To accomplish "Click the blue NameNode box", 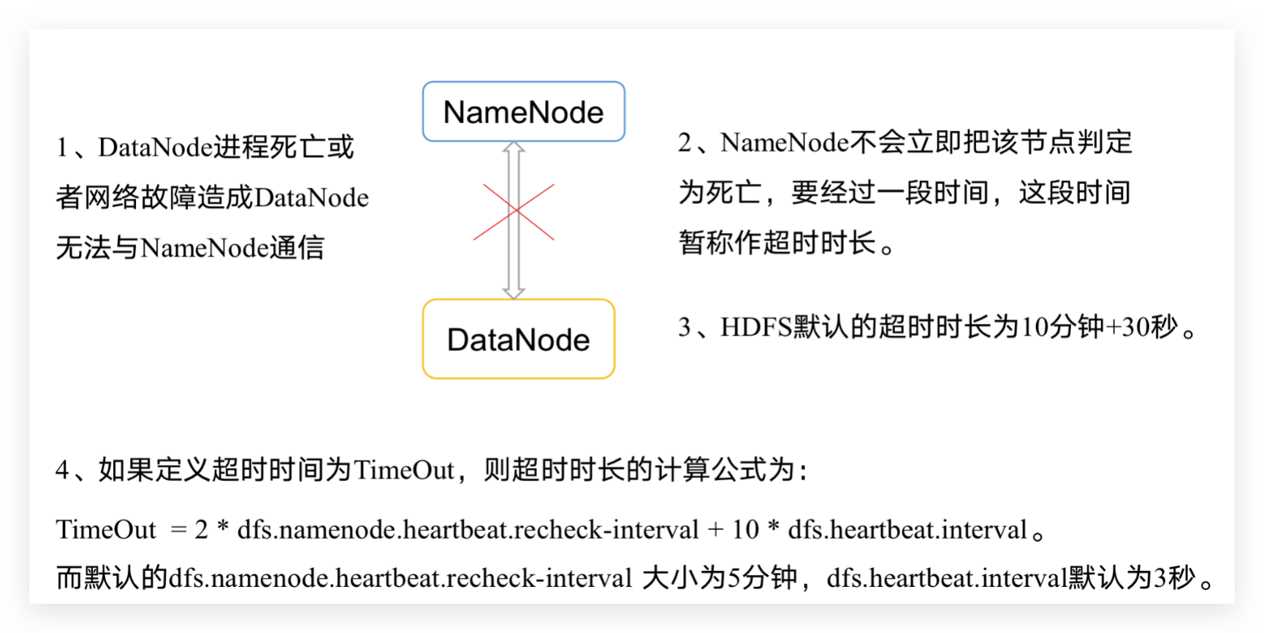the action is coord(523,112).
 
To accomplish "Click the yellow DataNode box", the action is coord(518,339).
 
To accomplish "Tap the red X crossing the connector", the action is coord(514,211).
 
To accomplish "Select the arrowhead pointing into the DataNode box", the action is coord(514,293).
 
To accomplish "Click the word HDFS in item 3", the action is coord(756,327).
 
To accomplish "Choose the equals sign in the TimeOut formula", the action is coord(178,530).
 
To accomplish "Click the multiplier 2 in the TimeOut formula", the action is coord(202,530).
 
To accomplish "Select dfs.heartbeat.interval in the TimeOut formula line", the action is coord(907,530).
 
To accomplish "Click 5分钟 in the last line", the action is coord(761,578).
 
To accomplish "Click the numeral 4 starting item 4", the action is coord(62,470).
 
